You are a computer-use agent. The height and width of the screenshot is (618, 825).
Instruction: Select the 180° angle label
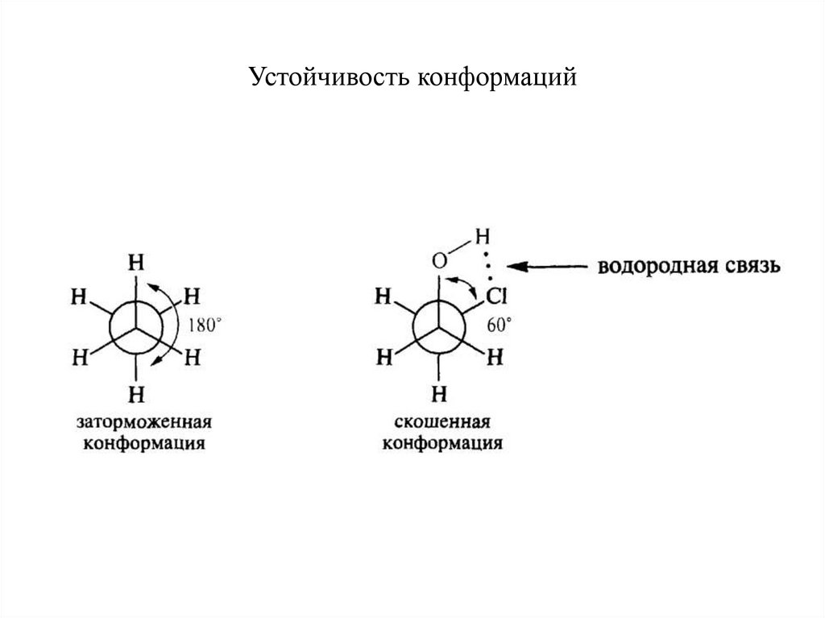tap(205, 326)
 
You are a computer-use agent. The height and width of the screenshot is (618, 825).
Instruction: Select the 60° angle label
tap(500, 325)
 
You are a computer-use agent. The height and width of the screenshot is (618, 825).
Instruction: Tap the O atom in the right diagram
tap(439, 261)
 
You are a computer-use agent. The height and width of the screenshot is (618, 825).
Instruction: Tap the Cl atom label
tap(495, 298)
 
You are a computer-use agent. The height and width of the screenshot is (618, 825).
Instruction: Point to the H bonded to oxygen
tap(482, 237)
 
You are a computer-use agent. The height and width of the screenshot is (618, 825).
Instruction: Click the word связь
tap(749, 267)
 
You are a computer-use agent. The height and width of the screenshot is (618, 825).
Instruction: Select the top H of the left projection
tap(138, 263)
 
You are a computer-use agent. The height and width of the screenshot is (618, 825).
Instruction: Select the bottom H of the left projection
tap(137, 394)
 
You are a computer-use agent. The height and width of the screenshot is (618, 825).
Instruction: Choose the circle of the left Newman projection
tap(138, 329)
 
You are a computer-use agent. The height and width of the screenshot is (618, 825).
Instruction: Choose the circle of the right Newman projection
tap(439, 329)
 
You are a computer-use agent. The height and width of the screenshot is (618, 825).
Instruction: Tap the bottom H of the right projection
tap(439, 394)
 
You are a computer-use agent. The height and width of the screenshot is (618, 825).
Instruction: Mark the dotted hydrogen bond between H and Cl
tap(487, 267)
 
